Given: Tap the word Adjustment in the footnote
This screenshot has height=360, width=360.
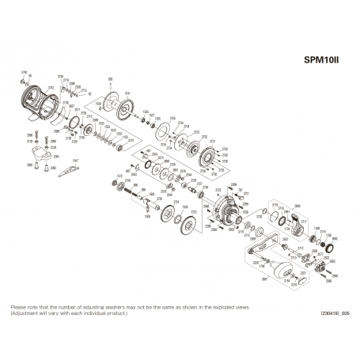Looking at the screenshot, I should [x=25, y=312].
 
